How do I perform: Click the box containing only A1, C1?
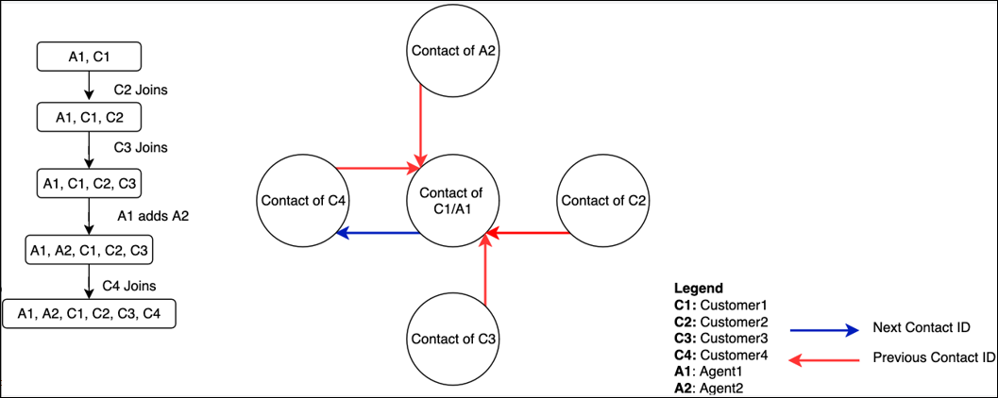coord(89,57)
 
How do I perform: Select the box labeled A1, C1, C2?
coord(89,117)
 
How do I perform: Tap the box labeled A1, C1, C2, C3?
coord(89,182)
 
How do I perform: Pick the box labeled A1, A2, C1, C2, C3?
coord(89,250)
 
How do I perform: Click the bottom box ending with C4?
coord(89,313)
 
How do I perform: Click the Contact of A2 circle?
coord(452,51)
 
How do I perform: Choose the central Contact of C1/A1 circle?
coord(452,200)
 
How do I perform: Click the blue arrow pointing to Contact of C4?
coord(379,232)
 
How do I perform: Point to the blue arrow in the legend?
coord(823,329)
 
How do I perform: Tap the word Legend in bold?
coord(699,288)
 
